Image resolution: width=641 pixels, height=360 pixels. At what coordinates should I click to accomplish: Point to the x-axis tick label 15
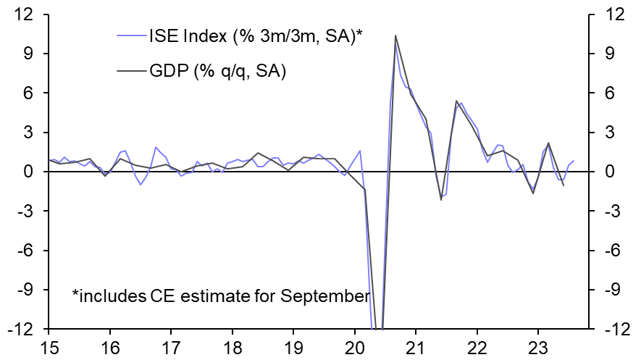click(49, 345)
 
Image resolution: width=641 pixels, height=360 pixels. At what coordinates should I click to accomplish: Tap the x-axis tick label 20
click(356, 345)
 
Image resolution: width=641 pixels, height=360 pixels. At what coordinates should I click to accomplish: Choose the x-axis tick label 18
click(232, 345)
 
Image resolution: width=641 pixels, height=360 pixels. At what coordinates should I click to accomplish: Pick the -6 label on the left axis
click(28, 251)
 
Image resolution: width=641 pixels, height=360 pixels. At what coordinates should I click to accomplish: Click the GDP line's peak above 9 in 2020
click(395, 35)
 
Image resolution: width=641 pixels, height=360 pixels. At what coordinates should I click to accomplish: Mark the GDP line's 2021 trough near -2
click(441, 199)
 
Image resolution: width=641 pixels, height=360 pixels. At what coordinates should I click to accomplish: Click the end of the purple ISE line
click(574, 161)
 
